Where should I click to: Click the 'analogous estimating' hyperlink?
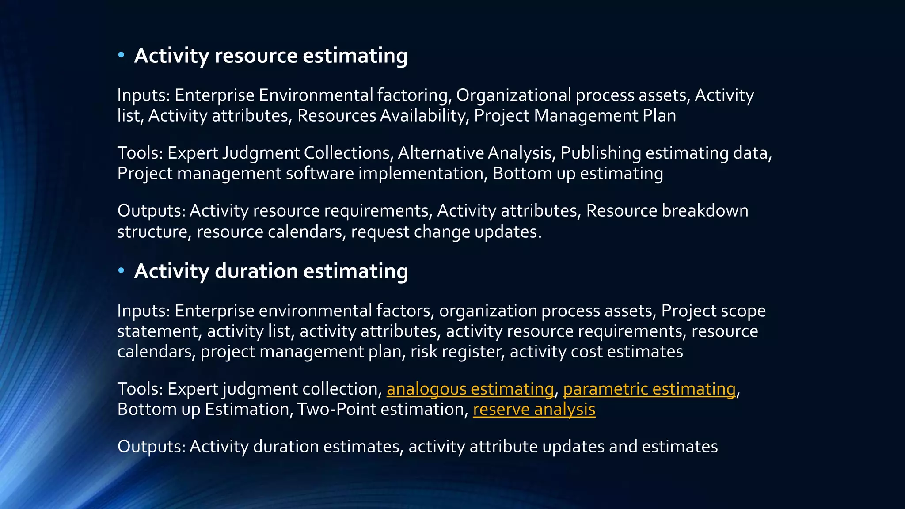[470, 389]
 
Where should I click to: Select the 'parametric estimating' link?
[649, 389]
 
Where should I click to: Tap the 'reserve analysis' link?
[534, 409]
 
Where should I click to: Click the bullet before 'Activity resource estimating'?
[121, 55]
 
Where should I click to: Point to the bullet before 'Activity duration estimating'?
[121, 271]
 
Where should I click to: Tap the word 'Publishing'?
[601, 153]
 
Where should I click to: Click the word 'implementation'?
[421, 173]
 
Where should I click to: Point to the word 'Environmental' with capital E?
[316, 95]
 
